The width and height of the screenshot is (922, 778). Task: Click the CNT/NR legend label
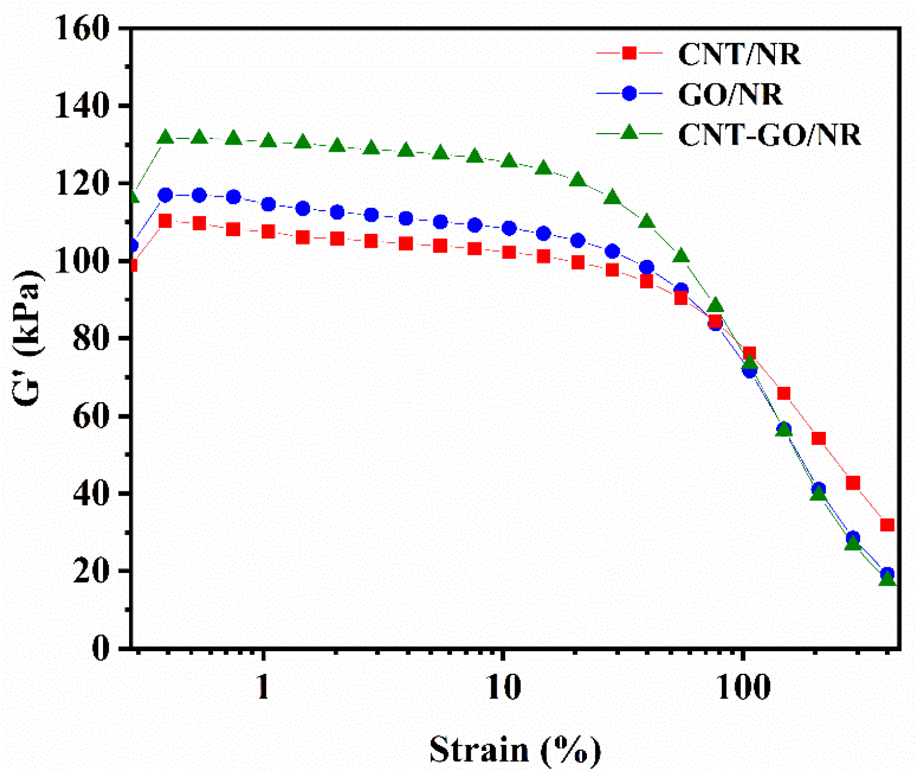(739, 54)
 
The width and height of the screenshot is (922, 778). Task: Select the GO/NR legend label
(730, 95)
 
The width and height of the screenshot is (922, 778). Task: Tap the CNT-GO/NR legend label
(769, 135)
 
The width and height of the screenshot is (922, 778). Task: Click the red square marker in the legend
(629, 53)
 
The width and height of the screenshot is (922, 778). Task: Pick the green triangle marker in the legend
(629, 133)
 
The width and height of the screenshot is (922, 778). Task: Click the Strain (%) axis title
(515, 750)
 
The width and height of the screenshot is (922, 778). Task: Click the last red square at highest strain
(887, 525)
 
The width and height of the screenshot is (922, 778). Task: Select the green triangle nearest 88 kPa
(715, 306)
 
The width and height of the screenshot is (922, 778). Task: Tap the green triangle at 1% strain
(268, 141)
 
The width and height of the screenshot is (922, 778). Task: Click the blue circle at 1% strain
(268, 204)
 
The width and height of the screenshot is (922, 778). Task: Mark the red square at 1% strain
(268, 232)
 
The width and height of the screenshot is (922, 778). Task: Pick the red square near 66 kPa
(784, 394)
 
